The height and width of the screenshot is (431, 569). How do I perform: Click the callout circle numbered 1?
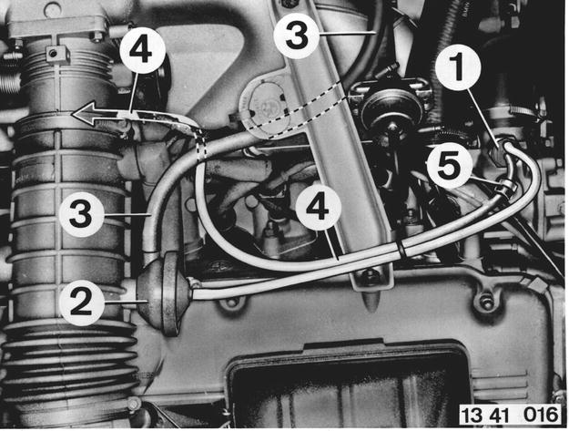[x=458, y=67]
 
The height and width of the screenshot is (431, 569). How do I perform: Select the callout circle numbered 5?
[x=449, y=167]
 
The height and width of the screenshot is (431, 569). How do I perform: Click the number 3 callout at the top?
[x=297, y=36]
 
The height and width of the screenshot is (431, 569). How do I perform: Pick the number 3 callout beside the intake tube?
[x=81, y=214]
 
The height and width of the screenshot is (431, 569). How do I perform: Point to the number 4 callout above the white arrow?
[x=142, y=50]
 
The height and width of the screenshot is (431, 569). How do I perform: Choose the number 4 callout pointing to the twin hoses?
[x=319, y=209]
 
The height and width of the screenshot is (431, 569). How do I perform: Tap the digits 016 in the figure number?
[x=541, y=415]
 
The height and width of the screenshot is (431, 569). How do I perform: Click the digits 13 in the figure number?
[x=472, y=415]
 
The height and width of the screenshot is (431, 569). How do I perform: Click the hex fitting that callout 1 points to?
[x=498, y=152]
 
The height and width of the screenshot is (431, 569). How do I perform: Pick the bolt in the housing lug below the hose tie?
[x=485, y=302]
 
